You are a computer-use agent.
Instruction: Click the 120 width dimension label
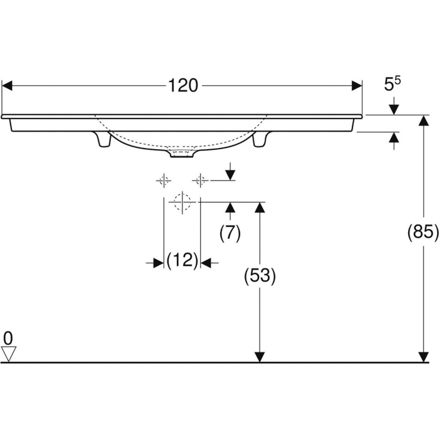click(x=182, y=86)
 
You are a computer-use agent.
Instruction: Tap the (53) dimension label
click(x=260, y=277)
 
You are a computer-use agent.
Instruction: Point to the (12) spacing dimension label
click(x=182, y=260)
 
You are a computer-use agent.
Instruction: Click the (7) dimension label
click(x=230, y=233)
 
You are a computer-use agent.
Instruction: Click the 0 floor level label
click(x=8, y=338)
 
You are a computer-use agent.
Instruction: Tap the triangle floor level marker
click(x=8, y=354)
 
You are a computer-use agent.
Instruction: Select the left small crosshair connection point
click(x=164, y=181)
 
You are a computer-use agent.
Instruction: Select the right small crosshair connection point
click(x=201, y=181)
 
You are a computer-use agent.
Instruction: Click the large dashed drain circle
click(x=182, y=202)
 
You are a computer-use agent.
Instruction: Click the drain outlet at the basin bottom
click(x=182, y=152)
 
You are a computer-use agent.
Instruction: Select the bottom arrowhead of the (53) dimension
click(x=260, y=356)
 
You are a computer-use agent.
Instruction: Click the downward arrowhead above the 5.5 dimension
click(x=394, y=109)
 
